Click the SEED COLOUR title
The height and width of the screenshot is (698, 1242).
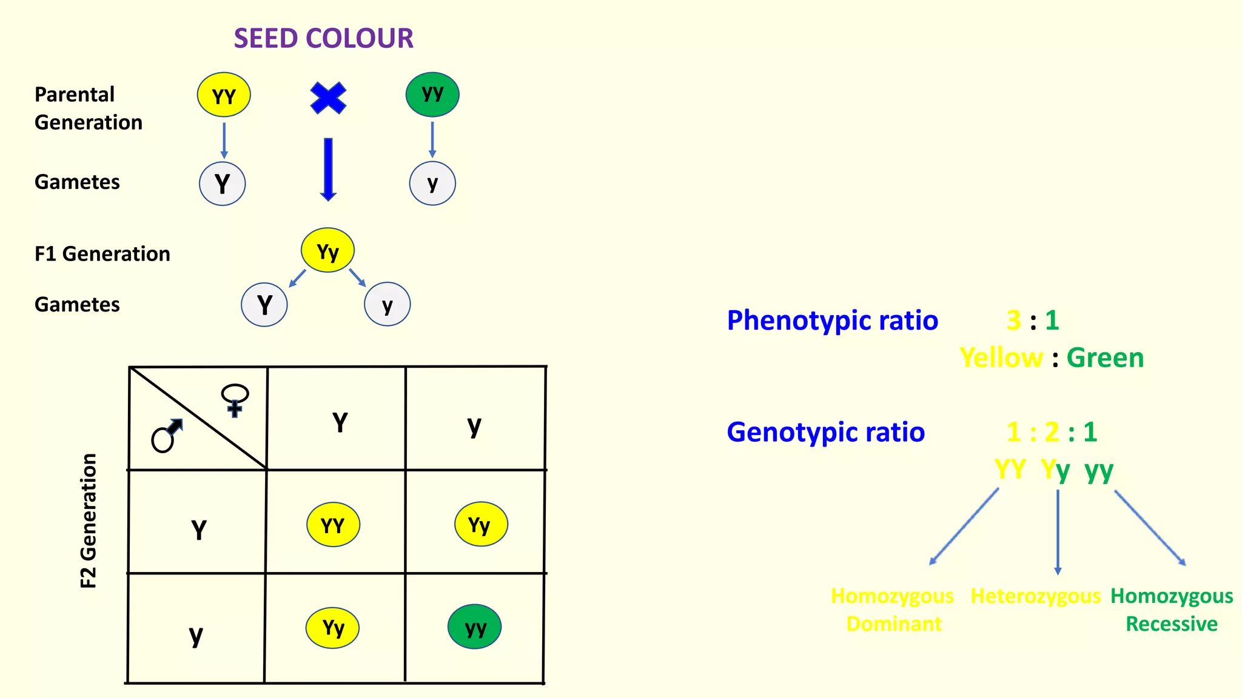click(x=323, y=38)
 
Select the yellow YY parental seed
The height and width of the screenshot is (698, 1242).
click(x=224, y=95)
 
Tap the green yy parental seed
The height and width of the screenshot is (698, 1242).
click(x=432, y=95)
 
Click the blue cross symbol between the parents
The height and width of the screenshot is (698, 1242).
click(x=328, y=98)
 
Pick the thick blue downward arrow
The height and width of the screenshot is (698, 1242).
click(x=328, y=169)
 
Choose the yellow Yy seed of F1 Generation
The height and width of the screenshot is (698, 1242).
click(x=327, y=250)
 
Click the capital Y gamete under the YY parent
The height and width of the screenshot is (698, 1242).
click(x=223, y=184)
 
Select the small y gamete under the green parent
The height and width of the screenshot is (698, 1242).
click(x=432, y=184)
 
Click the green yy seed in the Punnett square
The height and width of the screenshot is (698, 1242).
click(x=475, y=627)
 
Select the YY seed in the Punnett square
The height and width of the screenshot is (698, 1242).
click(x=333, y=524)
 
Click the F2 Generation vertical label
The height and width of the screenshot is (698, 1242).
click(x=89, y=521)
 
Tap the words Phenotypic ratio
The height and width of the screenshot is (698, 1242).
click(x=832, y=321)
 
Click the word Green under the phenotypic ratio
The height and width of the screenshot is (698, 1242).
click(x=1105, y=358)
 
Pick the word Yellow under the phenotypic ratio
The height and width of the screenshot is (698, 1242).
click(x=1001, y=358)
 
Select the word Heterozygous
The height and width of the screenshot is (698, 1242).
click(x=1035, y=596)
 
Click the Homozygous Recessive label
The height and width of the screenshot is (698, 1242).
click(x=1172, y=610)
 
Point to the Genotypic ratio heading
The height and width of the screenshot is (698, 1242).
click(x=825, y=432)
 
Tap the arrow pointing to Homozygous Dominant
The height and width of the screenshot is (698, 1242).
click(x=964, y=527)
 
